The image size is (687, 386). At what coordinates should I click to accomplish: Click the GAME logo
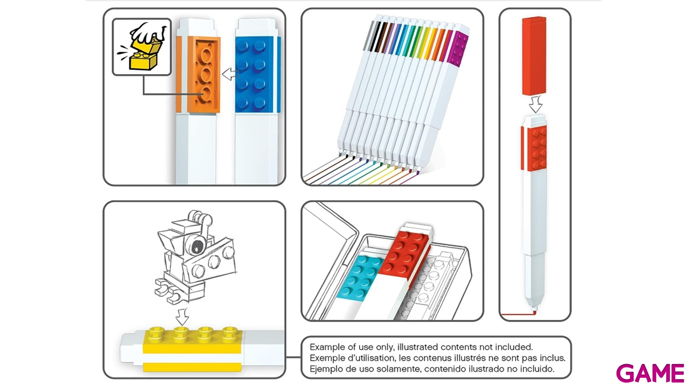[650, 373]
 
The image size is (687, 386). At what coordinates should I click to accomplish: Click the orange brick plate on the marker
[203, 75]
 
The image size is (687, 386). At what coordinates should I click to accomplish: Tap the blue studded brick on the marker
[254, 75]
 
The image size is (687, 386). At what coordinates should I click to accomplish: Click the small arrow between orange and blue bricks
[230, 74]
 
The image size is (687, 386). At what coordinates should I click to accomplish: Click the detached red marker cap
[534, 56]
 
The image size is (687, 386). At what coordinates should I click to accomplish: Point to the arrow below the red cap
[536, 104]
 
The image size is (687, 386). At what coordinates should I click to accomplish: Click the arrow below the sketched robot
[182, 317]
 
